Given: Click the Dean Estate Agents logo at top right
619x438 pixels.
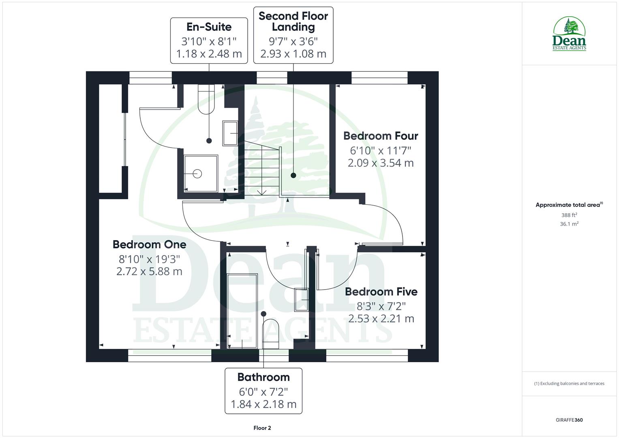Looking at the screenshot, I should (x=569, y=34).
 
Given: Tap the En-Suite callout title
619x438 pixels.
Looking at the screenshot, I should (x=209, y=27).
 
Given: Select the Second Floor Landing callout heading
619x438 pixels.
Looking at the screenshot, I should (x=293, y=21).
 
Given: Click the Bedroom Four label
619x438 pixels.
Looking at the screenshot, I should (x=380, y=136).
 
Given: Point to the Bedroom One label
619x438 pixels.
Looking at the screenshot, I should (x=149, y=245).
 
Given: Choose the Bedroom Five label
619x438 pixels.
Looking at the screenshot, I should (x=381, y=292).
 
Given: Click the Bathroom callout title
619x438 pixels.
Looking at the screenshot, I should (x=263, y=377).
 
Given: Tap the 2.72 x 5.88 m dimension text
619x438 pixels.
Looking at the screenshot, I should (x=149, y=272).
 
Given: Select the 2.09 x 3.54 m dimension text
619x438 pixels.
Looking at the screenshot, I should (x=380, y=163).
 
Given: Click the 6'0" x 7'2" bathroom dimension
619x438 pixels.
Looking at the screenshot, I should (x=263, y=392).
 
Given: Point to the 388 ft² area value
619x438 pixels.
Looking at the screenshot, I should (x=569, y=215).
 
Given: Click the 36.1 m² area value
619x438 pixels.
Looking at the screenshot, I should (x=569, y=224).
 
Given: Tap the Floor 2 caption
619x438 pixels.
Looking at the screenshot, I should (x=262, y=428).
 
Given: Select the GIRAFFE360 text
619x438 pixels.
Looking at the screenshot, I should (x=569, y=420).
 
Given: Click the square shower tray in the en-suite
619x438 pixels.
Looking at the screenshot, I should (x=201, y=174).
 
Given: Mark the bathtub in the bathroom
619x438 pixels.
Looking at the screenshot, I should (x=242, y=311).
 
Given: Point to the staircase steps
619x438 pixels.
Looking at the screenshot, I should (x=261, y=170).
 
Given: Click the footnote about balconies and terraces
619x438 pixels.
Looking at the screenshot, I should (x=569, y=384).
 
